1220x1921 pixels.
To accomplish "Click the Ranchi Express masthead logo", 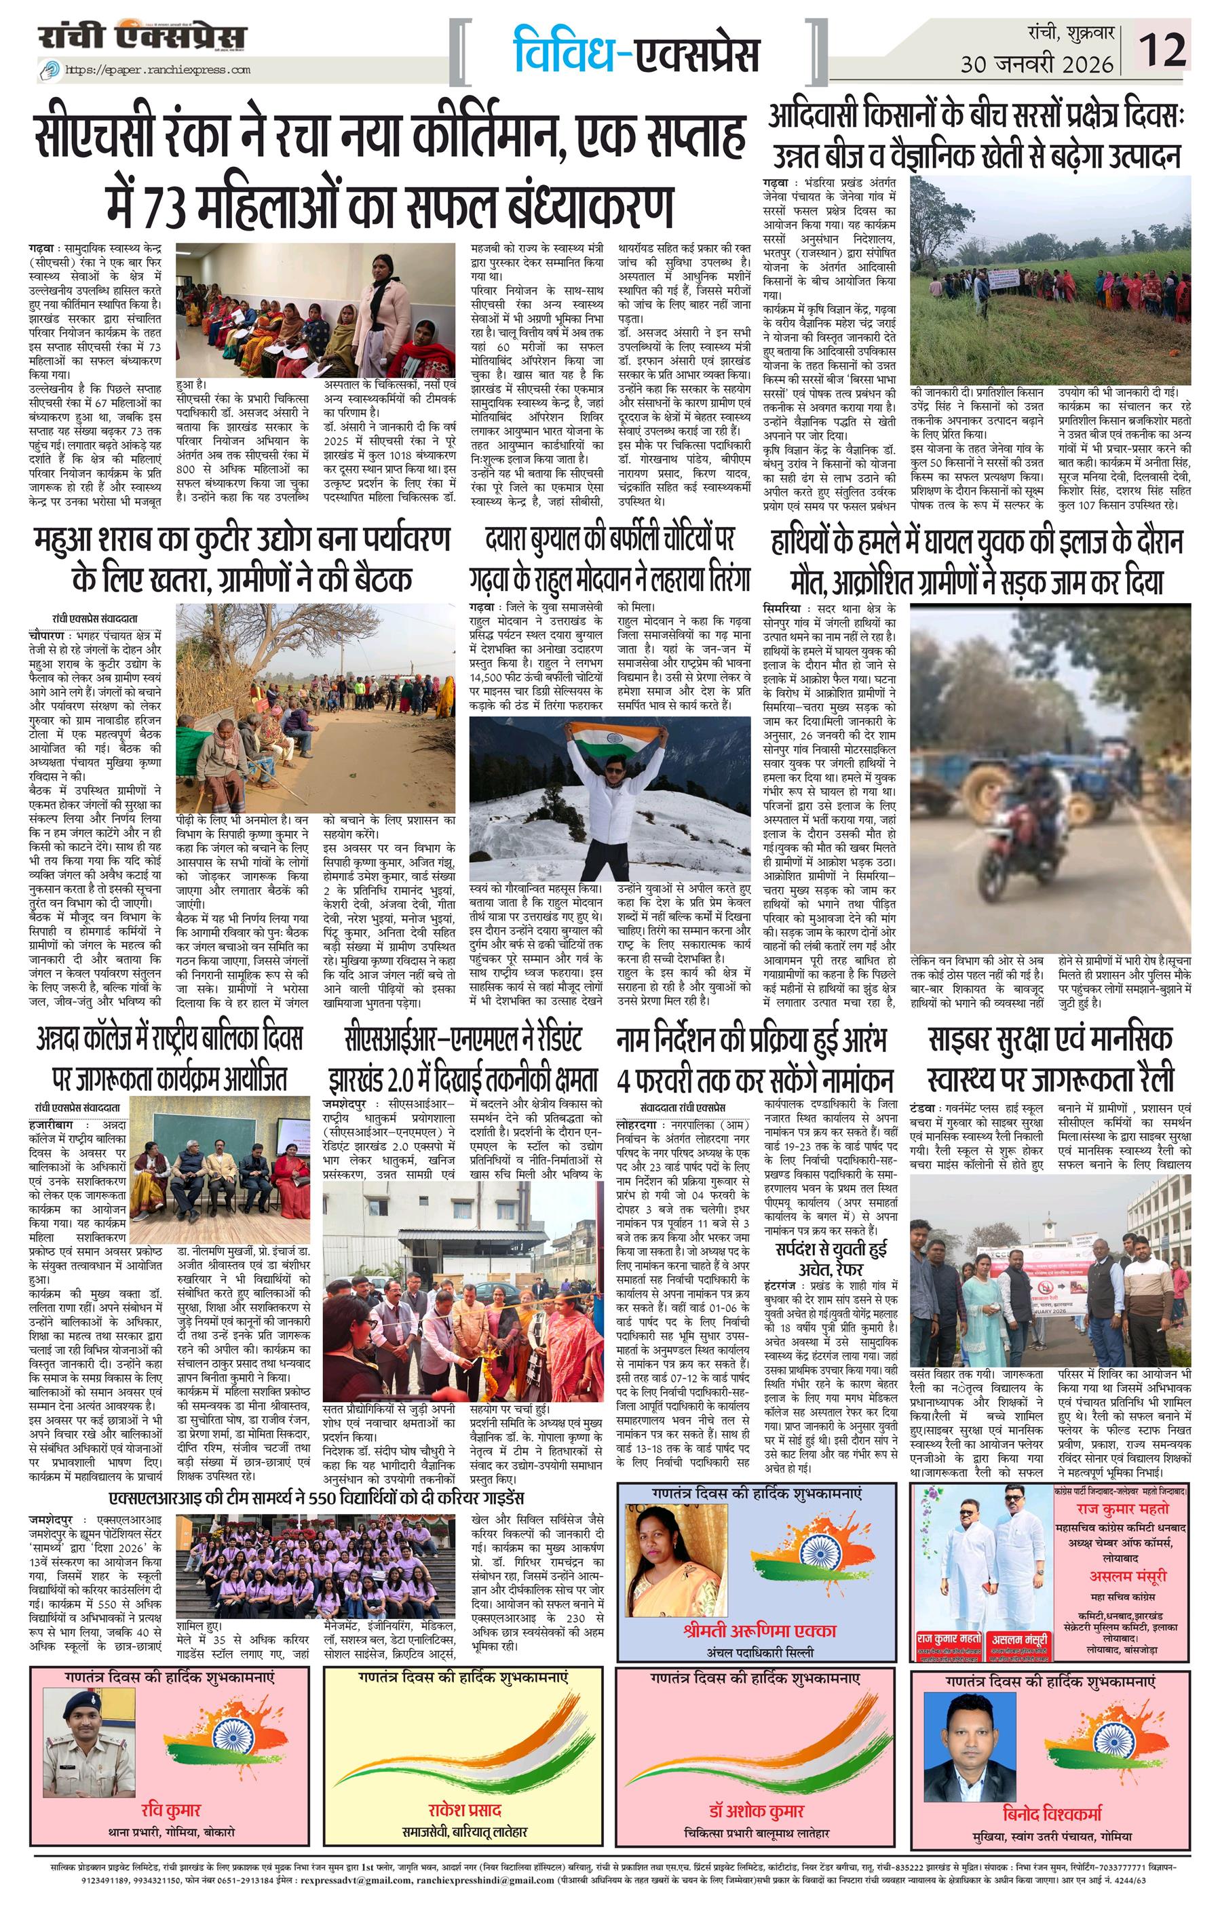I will click(145, 37).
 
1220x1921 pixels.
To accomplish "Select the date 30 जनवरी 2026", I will click(1037, 64).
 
